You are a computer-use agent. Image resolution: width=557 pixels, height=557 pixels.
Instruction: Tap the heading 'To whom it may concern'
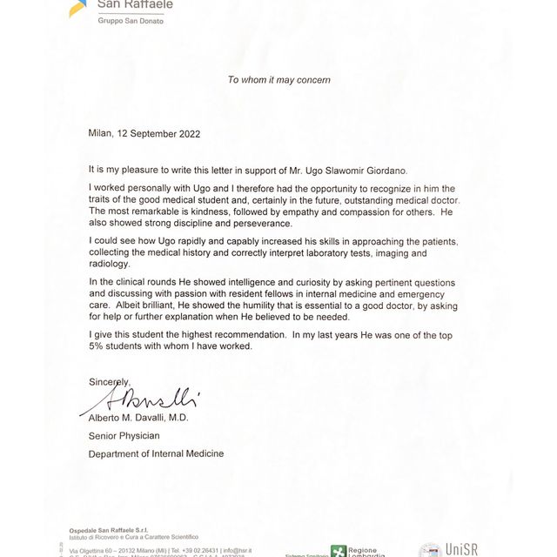(x=278, y=80)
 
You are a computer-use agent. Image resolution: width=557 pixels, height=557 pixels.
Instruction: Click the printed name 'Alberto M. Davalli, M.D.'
(x=138, y=417)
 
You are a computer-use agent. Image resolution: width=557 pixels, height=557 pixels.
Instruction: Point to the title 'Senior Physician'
(x=124, y=435)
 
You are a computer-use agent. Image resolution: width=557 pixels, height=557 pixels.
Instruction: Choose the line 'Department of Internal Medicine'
(x=156, y=453)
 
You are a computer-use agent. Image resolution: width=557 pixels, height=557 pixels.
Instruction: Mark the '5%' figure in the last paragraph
(x=98, y=346)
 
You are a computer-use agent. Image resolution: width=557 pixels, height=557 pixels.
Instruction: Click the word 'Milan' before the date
(x=101, y=134)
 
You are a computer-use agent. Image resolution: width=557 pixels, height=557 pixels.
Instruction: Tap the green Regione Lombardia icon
(x=339, y=552)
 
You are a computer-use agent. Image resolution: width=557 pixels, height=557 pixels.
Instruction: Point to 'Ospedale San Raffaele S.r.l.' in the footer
(x=110, y=530)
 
